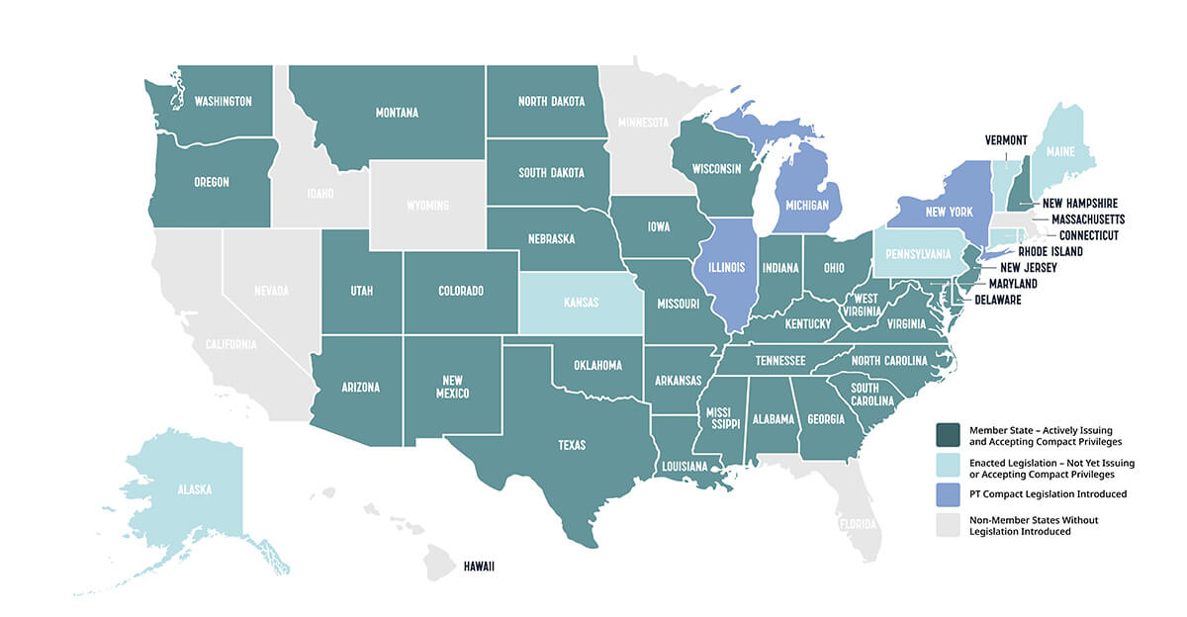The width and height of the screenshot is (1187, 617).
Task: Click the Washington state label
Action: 223,101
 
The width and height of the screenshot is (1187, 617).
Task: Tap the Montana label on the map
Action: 396,113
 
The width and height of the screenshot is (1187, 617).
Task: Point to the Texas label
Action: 572,445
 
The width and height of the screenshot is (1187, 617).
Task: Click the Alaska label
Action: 194,488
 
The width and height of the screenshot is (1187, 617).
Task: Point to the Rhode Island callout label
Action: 1050,251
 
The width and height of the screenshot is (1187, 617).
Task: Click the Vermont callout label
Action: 1006,139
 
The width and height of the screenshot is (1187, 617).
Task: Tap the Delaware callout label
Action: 998,300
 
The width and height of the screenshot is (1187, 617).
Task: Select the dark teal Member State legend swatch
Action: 948,434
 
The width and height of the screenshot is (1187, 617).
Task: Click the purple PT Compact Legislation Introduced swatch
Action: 948,493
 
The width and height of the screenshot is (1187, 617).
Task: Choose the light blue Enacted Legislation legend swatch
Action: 948,468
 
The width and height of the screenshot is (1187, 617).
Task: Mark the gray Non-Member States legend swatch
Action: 948,524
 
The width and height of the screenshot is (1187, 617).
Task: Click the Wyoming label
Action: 427,206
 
